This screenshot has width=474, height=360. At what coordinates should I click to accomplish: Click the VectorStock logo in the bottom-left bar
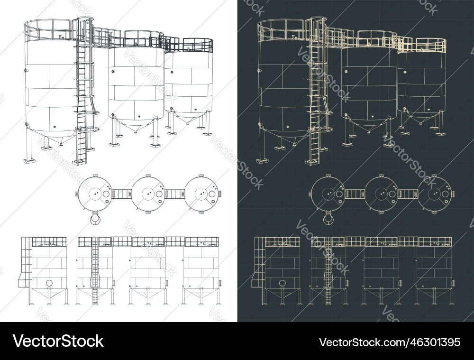pos(58,341)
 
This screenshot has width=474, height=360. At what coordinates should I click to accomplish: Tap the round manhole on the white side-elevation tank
pos(49,283)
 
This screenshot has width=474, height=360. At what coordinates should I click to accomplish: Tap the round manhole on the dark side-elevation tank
pos(282,283)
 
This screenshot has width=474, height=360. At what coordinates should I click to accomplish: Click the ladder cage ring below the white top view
pos(95,218)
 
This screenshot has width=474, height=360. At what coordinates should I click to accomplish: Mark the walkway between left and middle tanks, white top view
pos(122,194)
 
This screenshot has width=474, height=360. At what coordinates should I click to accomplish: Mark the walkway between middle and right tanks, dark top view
pos(408,194)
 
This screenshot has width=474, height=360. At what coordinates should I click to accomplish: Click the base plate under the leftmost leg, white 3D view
pos(29,161)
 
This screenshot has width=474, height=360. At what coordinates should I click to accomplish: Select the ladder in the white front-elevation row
pos(95,270)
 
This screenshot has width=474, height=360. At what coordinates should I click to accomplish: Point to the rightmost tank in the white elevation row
pos(201,270)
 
